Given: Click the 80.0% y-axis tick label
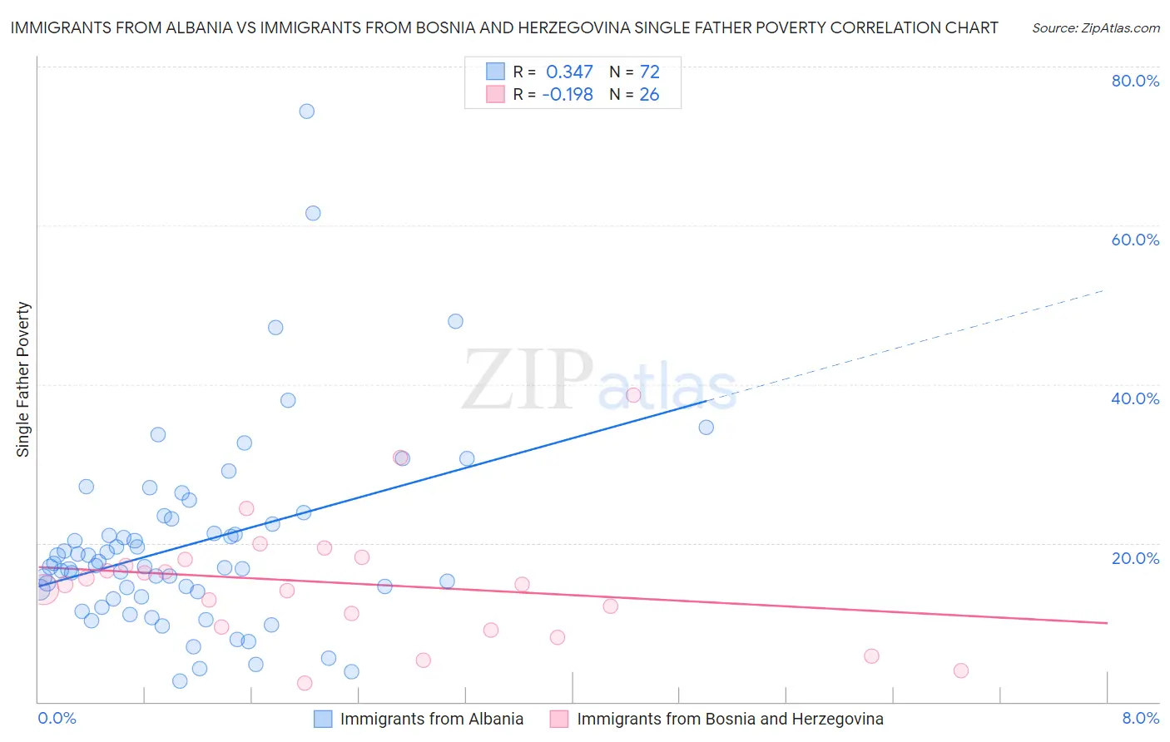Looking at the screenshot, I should coord(1135,81).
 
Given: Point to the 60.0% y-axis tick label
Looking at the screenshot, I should coord(1135,240).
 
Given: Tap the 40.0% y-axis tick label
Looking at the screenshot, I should coord(1135,398).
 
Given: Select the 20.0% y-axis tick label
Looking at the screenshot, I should coord(1135,558).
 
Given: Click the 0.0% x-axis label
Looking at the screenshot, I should coord(57,718).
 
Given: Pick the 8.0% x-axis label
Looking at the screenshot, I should coord(1140,718).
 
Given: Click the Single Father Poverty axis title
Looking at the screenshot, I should coord(22,379).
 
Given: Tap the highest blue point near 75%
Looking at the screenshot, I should coord(306,111).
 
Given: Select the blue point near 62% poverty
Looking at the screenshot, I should coord(313,213).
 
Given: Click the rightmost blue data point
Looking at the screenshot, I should coord(706,428).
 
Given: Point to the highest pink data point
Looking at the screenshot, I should coord(633,395).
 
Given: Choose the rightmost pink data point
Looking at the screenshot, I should coord(961,670).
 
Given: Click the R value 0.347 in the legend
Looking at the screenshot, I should coord(569,72).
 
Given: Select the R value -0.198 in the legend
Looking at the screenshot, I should coord(568,95).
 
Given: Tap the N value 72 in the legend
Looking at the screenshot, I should coord(649,72).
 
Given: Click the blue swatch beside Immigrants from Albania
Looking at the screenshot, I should coord(323,719).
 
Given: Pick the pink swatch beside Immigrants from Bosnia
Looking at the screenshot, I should coord(559,719).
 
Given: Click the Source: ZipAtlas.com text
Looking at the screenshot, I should coord(1095,28).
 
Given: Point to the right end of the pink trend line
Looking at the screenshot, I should coord(1107,622).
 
